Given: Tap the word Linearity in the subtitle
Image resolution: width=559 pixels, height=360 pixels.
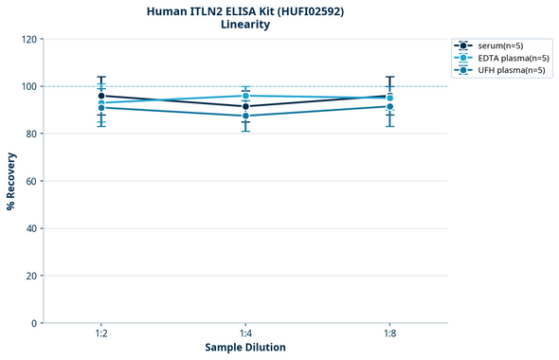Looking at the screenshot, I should [x=244, y=25].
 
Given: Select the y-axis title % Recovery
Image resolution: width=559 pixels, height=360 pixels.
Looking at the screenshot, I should [x=11, y=181].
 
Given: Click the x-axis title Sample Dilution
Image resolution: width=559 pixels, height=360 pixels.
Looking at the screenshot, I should [x=245, y=348].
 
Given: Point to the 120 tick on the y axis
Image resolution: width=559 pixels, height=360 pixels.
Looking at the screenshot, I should [x=28, y=39].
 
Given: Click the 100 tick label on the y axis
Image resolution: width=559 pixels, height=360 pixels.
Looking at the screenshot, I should [x=28, y=86].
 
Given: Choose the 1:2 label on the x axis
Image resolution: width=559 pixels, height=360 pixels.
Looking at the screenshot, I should [x=101, y=333].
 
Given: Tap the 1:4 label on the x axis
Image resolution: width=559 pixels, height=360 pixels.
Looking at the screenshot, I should [x=245, y=333].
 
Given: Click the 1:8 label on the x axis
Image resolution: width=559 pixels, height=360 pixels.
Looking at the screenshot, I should [x=390, y=333].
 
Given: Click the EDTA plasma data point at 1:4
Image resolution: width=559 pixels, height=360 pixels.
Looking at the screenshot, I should [x=245, y=96].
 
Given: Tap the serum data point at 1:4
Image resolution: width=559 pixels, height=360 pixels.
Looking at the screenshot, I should [x=245, y=106].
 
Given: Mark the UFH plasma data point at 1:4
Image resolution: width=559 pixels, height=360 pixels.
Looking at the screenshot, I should [x=245, y=116].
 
